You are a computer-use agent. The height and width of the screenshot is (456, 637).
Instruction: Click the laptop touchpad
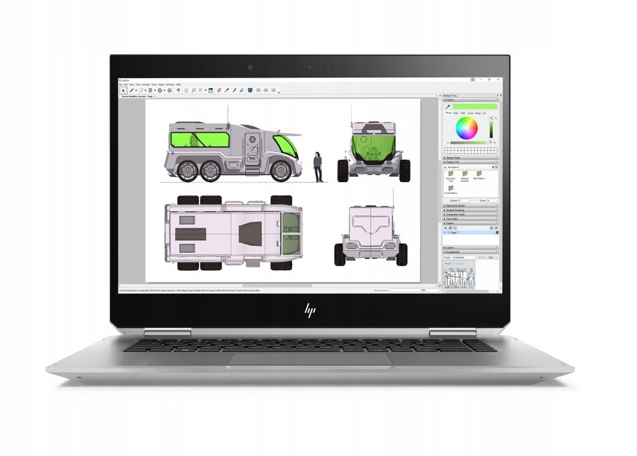(x=310, y=359)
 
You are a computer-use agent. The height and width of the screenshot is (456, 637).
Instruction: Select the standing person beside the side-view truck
(x=318, y=167)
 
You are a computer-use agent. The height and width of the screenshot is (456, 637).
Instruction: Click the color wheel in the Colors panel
(x=466, y=129)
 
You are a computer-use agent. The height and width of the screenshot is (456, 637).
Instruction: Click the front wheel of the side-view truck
(x=281, y=170)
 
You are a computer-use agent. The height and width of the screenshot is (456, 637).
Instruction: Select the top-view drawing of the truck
(x=233, y=233)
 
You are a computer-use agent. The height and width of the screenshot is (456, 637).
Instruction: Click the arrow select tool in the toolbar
(x=123, y=90)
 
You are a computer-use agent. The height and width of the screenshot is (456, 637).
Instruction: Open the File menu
(x=121, y=84)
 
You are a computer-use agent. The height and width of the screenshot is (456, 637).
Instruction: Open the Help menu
(x=178, y=84)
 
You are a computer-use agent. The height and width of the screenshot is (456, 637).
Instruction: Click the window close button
(x=498, y=80)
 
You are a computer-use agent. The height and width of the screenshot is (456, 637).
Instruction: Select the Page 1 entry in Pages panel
(x=454, y=233)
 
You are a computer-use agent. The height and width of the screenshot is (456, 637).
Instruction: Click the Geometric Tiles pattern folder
(x=450, y=175)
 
